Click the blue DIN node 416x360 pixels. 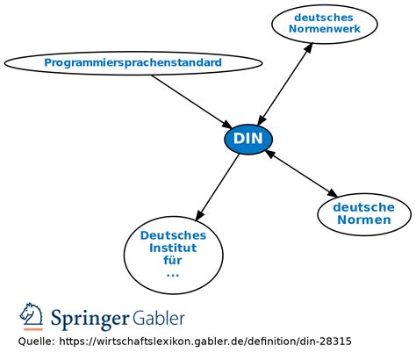pyautogui.click(x=249, y=139)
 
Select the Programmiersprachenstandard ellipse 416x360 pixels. pyautogui.click(x=133, y=63)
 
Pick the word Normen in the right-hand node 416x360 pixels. pyautogui.click(x=363, y=220)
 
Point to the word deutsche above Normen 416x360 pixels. pyautogui.click(x=363, y=207)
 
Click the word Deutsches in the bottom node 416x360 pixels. pyautogui.click(x=173, y=235)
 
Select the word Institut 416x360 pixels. pyautogui.click(x=173, y=248)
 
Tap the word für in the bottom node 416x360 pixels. pyautogui.click(x=173, y=261)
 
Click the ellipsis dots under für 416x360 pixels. pyautogui.click(x=173, y=274)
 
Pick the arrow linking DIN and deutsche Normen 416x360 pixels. pyautogui.click(x=301, y=174)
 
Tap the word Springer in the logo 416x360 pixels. pyautogui.click(x=90, y=317)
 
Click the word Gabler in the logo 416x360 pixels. pyautogui.click(x=160, y=317)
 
